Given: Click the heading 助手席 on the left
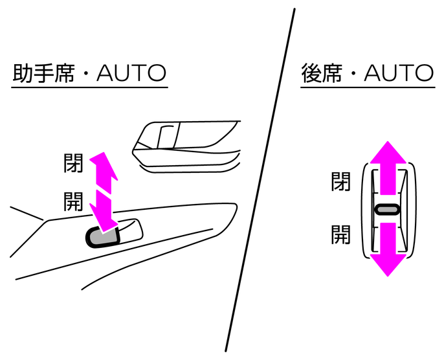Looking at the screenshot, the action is (44, 73).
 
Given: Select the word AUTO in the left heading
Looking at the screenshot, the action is (131, 73).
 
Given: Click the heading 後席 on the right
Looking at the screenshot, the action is (321, 73).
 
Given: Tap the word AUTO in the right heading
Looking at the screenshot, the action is (399, 73).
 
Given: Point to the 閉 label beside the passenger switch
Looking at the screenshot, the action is (73, 163).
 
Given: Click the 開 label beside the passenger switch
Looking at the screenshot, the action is (73, 201).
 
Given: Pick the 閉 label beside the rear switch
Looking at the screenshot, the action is (341, 181).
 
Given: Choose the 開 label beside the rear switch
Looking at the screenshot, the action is (341, 234).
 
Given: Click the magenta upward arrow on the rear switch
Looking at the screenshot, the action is (388, 168).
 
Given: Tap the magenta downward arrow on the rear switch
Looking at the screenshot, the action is (388, 249).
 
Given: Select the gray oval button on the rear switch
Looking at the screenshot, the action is (387, 210).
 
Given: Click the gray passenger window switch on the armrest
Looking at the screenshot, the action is (102, 238).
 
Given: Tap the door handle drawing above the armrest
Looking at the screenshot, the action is (186, 146).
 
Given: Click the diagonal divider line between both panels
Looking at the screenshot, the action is (260, 180).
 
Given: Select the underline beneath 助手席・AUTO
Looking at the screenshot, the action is (89, 87).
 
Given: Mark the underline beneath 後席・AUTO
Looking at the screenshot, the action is (368, 87).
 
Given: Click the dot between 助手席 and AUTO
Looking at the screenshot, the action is (86, 74).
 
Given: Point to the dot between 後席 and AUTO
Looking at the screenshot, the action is (353, 74).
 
